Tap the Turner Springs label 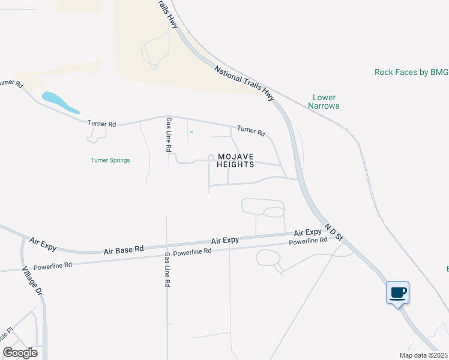tap(110, 160)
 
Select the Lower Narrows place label tap(324, 101)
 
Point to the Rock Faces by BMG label tap(411, 72)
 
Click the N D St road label tap(333, 233)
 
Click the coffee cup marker tap(397, 293)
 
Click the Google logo tap(20, 353)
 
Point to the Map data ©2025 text tap(423, 355)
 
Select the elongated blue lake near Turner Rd tap(59, 102)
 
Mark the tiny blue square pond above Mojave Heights tap(191, 132)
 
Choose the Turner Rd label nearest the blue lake tap(101, 124)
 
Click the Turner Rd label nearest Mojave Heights tap(251, 130)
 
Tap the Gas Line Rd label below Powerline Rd tap(167, 270)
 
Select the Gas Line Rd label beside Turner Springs tap(169, 134)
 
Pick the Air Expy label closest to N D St tap(307, 233)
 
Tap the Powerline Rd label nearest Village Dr tap(53, 265)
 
